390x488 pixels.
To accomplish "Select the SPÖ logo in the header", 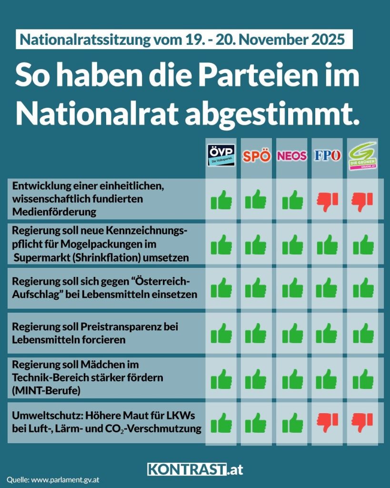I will pyautogui.click(x=257, y=156).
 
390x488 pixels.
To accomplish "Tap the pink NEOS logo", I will pyautogui.click(x=292, y=156).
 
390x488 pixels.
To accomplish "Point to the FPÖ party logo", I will pyautogui.click(x=327, y=156).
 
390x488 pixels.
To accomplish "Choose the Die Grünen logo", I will pyautogui.click(x=363, y=155).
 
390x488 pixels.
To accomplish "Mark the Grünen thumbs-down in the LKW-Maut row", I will pyautogui.click(x=363, y=422).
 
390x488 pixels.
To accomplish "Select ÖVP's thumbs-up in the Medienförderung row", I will pyautogui.click(x=222, y=200).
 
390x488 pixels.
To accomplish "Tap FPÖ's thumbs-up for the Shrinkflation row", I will pyautogui.click(x=327, y=245).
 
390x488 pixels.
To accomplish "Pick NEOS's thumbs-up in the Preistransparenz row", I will pyautogui.click(x=292, y=334).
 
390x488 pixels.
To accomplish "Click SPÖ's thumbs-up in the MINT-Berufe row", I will pyautogui.click(x=257, y=378).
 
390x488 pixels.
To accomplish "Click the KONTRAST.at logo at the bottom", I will pyautogui.click(x=195, y=469).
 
